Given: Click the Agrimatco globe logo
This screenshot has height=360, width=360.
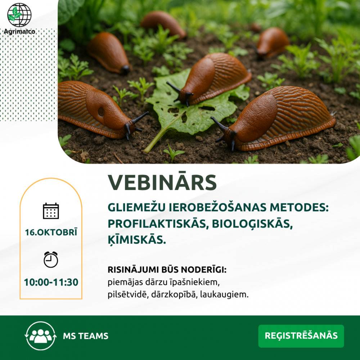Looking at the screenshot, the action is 19,15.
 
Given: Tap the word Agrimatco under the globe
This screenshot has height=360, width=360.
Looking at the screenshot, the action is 19,31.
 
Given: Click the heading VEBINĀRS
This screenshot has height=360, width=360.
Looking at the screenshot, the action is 162,182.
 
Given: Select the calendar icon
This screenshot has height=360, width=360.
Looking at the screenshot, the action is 51,211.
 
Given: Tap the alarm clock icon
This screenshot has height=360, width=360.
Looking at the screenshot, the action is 51,260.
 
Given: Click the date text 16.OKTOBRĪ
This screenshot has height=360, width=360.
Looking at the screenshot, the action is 51,232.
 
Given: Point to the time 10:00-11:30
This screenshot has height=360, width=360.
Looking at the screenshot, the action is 51,282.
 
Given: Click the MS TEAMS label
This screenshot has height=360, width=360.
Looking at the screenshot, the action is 86,336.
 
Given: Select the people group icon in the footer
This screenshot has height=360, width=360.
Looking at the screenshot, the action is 41,336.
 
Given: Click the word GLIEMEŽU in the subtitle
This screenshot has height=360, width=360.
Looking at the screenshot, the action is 136,207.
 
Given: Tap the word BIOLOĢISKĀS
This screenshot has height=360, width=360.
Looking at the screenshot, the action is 252,224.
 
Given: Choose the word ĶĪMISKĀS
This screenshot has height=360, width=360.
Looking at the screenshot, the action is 137,240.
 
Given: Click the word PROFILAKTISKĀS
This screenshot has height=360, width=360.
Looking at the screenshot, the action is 158,224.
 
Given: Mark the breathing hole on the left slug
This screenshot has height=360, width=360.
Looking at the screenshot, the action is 101,111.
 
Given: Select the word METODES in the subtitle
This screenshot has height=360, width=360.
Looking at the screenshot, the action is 299,207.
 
